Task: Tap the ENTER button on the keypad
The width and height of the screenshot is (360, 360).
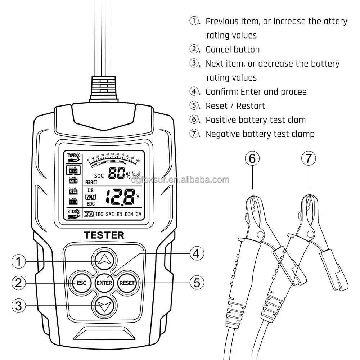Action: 104,283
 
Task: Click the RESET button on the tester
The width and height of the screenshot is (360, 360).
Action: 126,283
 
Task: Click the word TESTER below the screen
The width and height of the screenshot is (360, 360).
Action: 104,235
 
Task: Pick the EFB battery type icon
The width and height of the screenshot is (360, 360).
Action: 73,202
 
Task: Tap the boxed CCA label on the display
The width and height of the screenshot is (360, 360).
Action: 89,214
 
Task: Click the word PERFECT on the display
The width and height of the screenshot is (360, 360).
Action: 91,182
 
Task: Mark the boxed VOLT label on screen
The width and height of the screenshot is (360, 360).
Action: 90,197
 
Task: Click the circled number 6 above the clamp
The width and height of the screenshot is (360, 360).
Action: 252,158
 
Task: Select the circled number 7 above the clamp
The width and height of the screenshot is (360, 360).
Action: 309,158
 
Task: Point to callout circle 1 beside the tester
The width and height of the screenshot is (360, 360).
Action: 19,261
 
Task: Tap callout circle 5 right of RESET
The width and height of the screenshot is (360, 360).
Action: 197,282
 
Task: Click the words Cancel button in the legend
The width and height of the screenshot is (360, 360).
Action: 232,49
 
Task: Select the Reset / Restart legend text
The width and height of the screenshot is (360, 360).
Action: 235,106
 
